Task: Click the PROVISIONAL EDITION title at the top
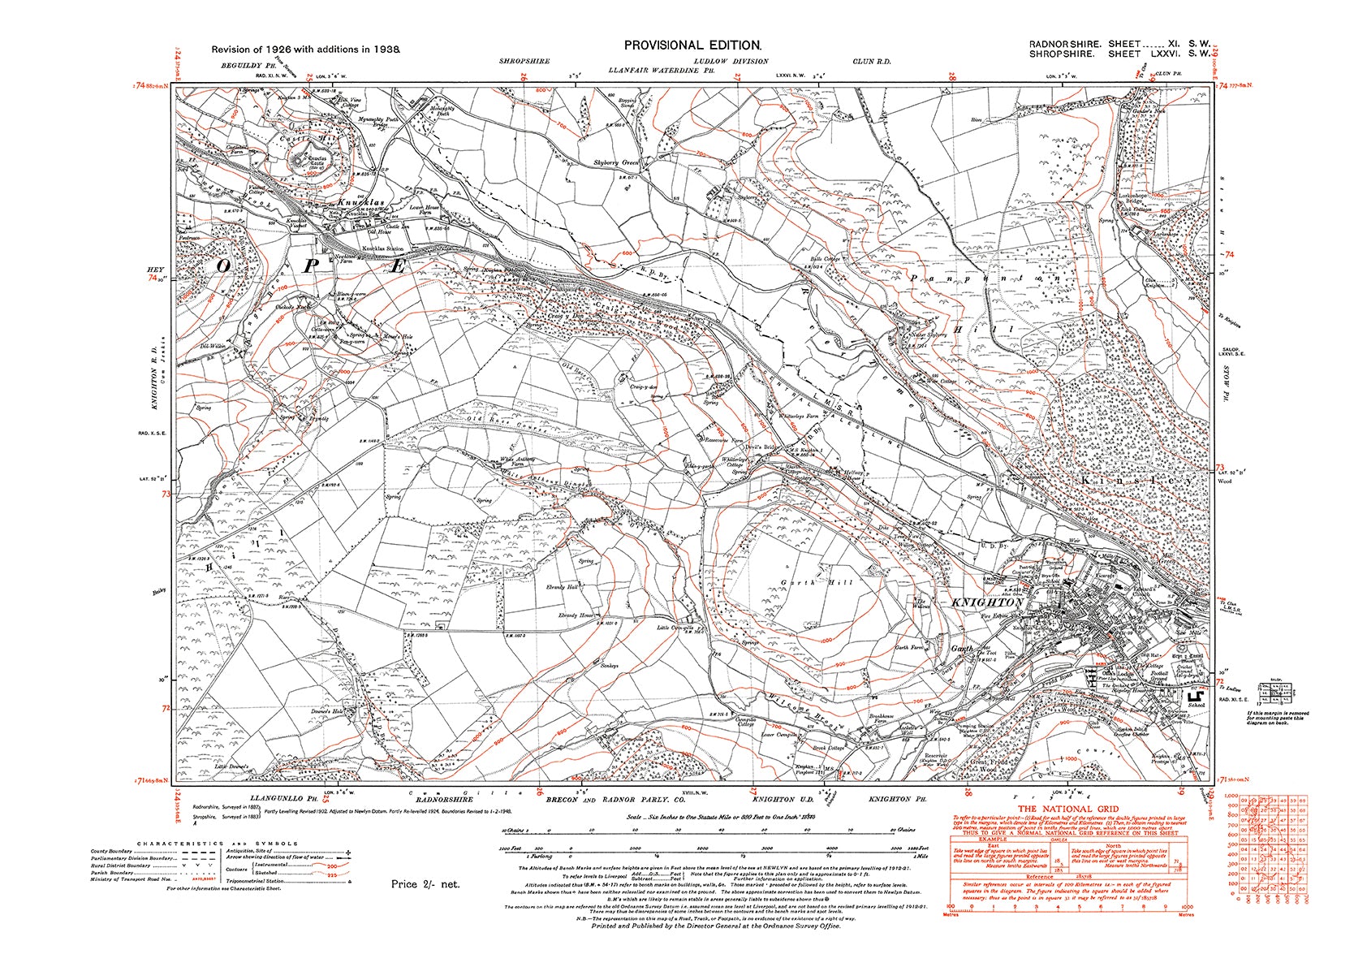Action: click(x=692, y=46)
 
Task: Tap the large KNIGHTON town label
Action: click(x=986, y=603)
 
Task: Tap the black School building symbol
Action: click(x=1194, y=696)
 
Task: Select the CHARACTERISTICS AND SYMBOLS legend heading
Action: click(x=218, y=844)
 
